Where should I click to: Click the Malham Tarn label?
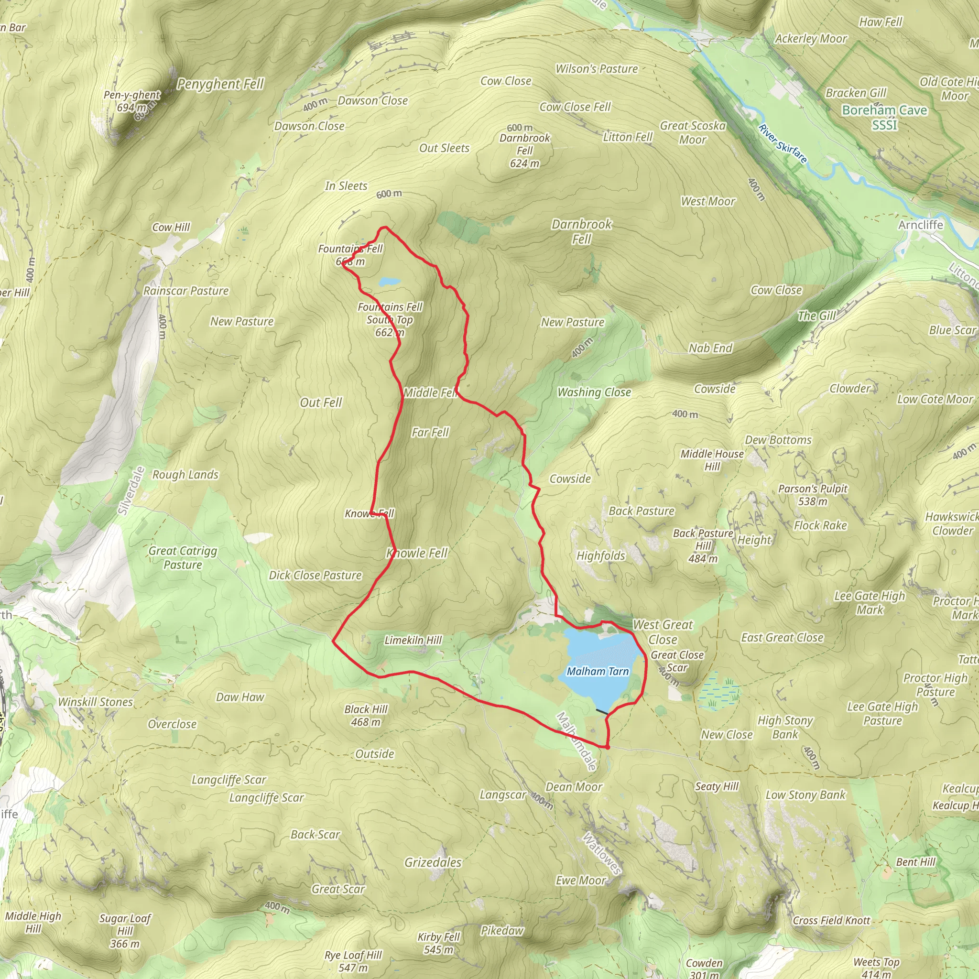coord(598,672)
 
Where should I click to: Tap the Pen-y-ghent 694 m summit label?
coord(132,101)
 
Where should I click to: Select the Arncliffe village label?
coord(921,225)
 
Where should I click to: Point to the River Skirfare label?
coord(783,143)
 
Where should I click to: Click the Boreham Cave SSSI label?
coord(884,117)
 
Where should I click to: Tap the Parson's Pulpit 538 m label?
coord(813,495)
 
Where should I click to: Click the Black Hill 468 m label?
coord(366,716)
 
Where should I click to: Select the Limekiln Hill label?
coord(413,640)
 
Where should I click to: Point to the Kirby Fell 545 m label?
coord(438,943)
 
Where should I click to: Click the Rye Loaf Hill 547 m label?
coord(353,961)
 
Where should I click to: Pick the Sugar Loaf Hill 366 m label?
coord(125,931)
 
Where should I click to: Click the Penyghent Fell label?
coord(220,84)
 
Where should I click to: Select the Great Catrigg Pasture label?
coord(183,557)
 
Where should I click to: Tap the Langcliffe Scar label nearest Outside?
coord(228,779)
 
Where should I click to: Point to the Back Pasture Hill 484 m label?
coord(703,546)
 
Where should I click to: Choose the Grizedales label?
coord(433,862)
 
